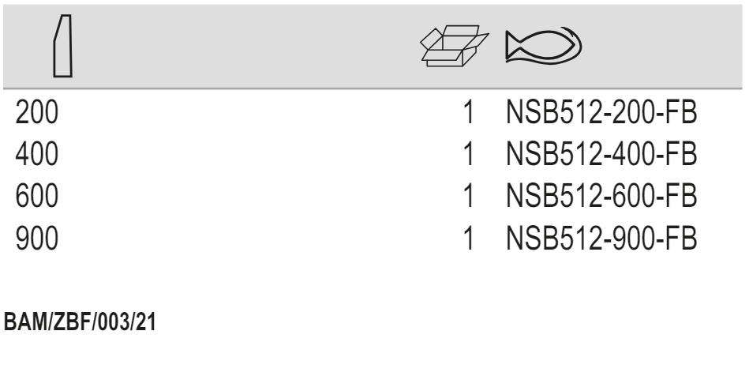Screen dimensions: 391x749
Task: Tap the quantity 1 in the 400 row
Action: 469,154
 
